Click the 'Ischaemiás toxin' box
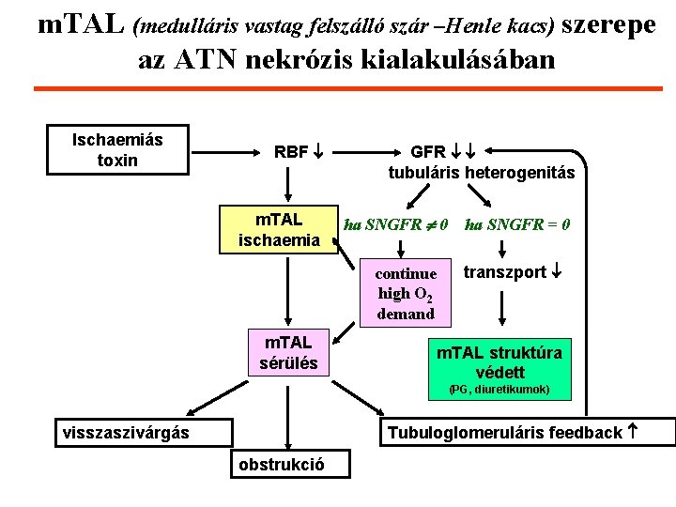coord(117,150)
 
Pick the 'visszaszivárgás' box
coord(125,432)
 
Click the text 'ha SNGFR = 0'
coord(516,224)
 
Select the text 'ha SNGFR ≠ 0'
coord(397,224)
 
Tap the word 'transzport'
coord(503,272)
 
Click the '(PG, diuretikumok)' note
coord(499,389)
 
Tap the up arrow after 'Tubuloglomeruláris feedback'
coord(632,432)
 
